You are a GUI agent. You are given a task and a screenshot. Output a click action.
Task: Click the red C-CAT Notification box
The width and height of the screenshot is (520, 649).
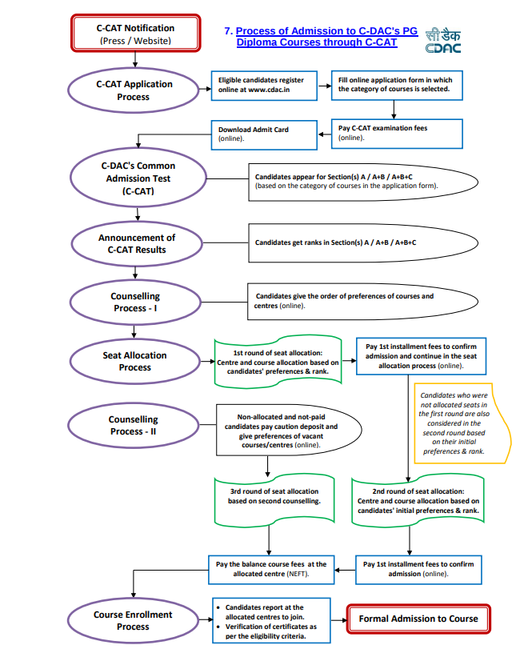click(136, 34)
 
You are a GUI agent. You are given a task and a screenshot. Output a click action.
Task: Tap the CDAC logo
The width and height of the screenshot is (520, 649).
click(443, 41)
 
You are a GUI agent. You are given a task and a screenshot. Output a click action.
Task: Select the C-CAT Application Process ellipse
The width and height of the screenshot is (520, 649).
click(134, 90)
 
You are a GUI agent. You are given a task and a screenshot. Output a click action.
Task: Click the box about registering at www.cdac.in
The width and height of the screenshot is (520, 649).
click(264, 86)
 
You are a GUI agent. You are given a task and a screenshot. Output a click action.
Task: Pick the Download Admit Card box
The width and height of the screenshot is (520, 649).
click(264, 135)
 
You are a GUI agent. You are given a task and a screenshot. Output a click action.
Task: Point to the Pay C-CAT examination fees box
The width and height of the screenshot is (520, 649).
click(397, 134)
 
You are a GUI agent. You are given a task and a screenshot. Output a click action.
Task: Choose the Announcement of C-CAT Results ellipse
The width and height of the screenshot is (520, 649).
click(137, 244)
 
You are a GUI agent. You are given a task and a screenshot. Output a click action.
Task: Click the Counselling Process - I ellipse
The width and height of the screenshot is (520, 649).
click(135, 302)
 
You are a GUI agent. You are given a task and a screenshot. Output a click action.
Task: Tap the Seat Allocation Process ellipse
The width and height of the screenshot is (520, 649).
click(135, 362)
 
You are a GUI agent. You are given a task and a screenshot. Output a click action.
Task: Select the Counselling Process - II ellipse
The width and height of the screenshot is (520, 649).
click(134, 426)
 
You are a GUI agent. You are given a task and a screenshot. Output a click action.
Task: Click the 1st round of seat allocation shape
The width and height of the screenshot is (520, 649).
click(278, 362)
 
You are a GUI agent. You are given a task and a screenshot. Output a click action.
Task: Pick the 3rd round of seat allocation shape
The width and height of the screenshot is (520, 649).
click(274, 499)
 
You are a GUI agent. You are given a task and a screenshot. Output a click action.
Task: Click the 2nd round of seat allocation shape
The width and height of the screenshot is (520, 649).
click(418, 501)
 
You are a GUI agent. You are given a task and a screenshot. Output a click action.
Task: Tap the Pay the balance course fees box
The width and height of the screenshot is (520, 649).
click(271, 570)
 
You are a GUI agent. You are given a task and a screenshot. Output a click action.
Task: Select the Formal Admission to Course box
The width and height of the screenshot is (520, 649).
click(418, 619)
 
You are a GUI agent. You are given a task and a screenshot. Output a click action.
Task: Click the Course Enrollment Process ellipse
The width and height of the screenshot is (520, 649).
click(134, 620)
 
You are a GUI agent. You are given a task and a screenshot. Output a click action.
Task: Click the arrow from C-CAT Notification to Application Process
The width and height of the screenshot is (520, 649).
click(135, 60)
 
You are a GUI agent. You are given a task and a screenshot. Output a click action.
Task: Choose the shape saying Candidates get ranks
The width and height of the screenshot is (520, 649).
click(363, 243)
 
